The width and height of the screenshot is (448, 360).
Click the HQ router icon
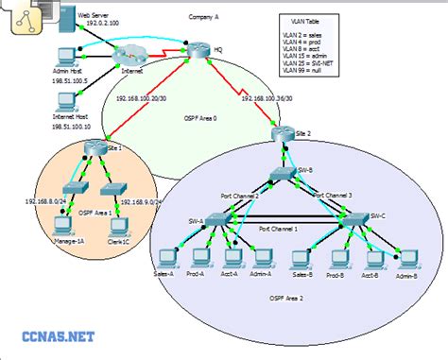click(195, 48)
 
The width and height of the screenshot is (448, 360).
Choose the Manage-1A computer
click(63, 225)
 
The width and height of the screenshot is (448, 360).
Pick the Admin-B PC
click(407, 256)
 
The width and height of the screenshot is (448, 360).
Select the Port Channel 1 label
click(278, 230)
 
